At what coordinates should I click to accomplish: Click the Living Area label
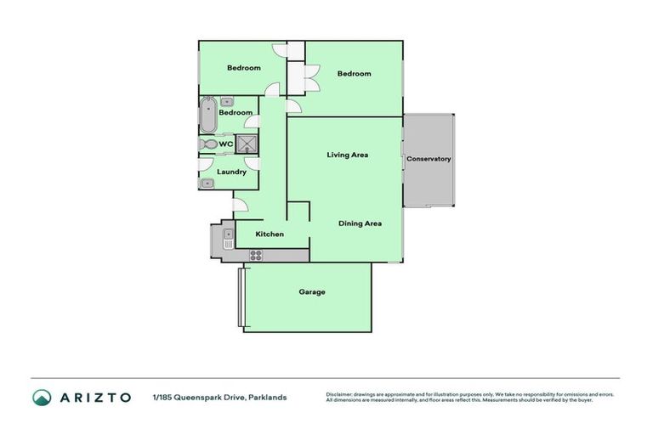(x=348, y=155)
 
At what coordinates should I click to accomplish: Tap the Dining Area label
(x=360, y=223)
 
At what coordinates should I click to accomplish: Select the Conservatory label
(x=429, y=159)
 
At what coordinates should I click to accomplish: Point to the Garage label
(x=311, y=291)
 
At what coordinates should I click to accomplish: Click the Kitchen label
(x=270, y=234)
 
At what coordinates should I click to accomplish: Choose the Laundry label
(x=231, y=172)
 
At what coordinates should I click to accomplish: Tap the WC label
(x=225, y=144)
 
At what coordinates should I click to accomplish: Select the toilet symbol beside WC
(x=207, y=145)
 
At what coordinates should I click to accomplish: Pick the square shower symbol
(x=247, y=144)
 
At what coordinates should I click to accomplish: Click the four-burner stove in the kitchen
(x=255, y=255)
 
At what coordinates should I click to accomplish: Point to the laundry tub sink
(x=207, y=183)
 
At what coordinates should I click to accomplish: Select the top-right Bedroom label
(x=354, y=73)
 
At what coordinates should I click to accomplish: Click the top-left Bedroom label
(x=243, y=68)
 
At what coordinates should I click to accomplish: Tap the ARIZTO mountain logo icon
(x=42, y=397)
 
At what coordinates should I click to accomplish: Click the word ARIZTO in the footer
(x=94, y=397)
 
